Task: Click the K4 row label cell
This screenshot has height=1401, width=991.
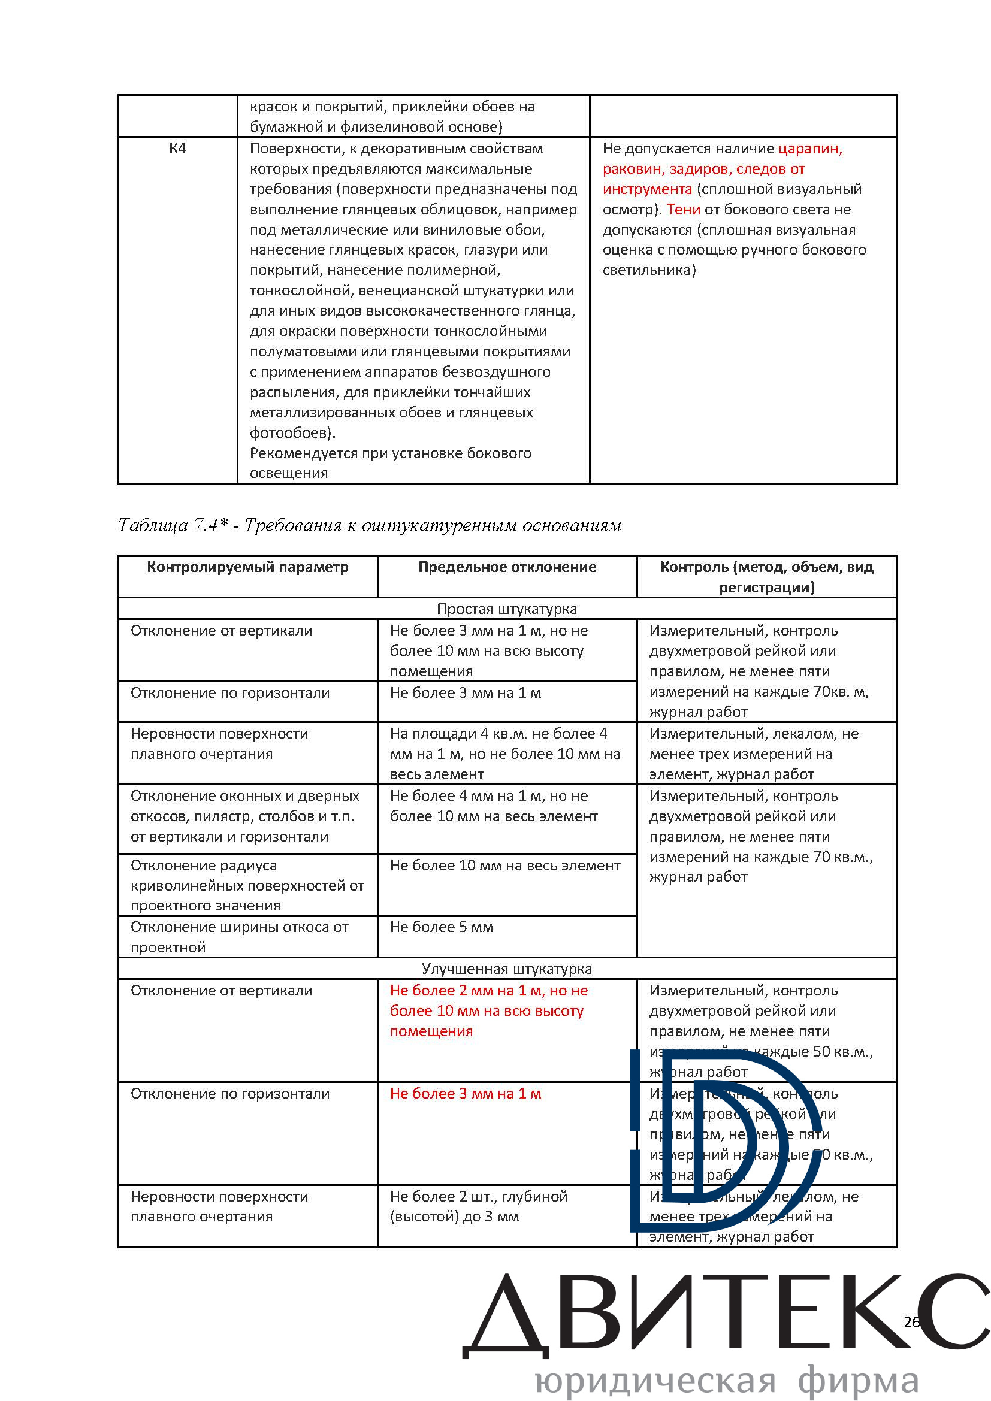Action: click(177, 149)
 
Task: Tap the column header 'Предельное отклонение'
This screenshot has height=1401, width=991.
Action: click(506, 567)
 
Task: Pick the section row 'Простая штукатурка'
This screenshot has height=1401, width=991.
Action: click(506, 609)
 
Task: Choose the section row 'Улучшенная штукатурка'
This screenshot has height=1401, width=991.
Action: click(506, 969)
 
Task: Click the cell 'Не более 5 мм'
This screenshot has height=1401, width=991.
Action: click(442, 927)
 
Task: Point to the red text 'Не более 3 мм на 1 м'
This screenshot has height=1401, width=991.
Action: click(466, 1094)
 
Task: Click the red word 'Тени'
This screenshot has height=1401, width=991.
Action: click(683, 209)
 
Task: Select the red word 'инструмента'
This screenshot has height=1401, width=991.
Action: click(647, 189)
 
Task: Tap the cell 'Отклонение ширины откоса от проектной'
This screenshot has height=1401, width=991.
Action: click(239, 937)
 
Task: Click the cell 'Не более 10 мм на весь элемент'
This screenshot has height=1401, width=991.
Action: click(505, 866)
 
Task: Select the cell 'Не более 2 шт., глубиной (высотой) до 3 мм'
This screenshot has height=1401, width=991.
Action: click(478, 1206)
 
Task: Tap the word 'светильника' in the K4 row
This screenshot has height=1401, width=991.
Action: click(647, 270)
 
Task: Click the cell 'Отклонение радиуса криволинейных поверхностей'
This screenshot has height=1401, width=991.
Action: click(247, 885)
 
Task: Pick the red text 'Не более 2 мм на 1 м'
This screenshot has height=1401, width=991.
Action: click(488, 990)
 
